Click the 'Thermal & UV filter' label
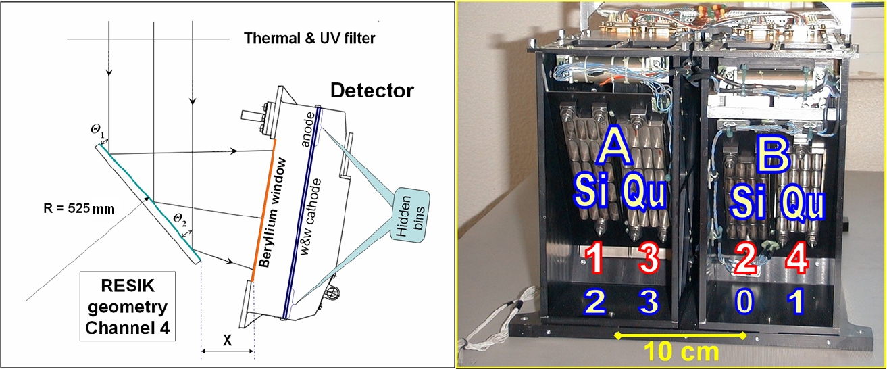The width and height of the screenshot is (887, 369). (x=309, y=39)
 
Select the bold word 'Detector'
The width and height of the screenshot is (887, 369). (x=372, y=90)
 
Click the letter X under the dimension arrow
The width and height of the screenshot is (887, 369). (x=227, y=341)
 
